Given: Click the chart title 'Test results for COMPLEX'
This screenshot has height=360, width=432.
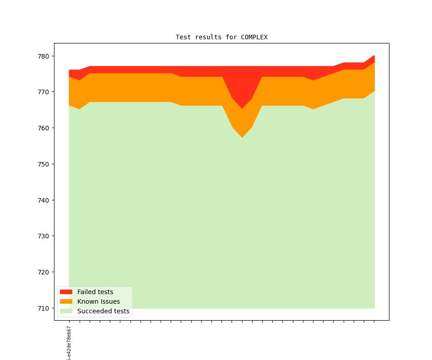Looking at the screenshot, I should (221, 37).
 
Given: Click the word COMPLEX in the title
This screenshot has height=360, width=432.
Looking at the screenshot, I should (254, 37).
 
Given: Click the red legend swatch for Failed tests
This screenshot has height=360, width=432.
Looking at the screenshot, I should (66, 292).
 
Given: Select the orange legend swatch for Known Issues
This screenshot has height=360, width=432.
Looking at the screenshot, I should (66, 301).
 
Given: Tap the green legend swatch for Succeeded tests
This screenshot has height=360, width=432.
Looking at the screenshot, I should (66, 311).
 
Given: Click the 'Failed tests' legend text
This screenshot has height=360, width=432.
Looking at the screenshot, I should (95, 292).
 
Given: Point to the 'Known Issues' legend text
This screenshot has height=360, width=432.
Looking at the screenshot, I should (98, 301).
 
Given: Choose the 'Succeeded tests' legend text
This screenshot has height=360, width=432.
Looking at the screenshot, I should (103, 311).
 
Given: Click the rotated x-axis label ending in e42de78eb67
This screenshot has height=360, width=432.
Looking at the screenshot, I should (69, 343).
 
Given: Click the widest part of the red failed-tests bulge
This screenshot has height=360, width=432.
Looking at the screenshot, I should (242, 87).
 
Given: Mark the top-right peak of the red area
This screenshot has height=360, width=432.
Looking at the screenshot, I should (374, 56).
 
